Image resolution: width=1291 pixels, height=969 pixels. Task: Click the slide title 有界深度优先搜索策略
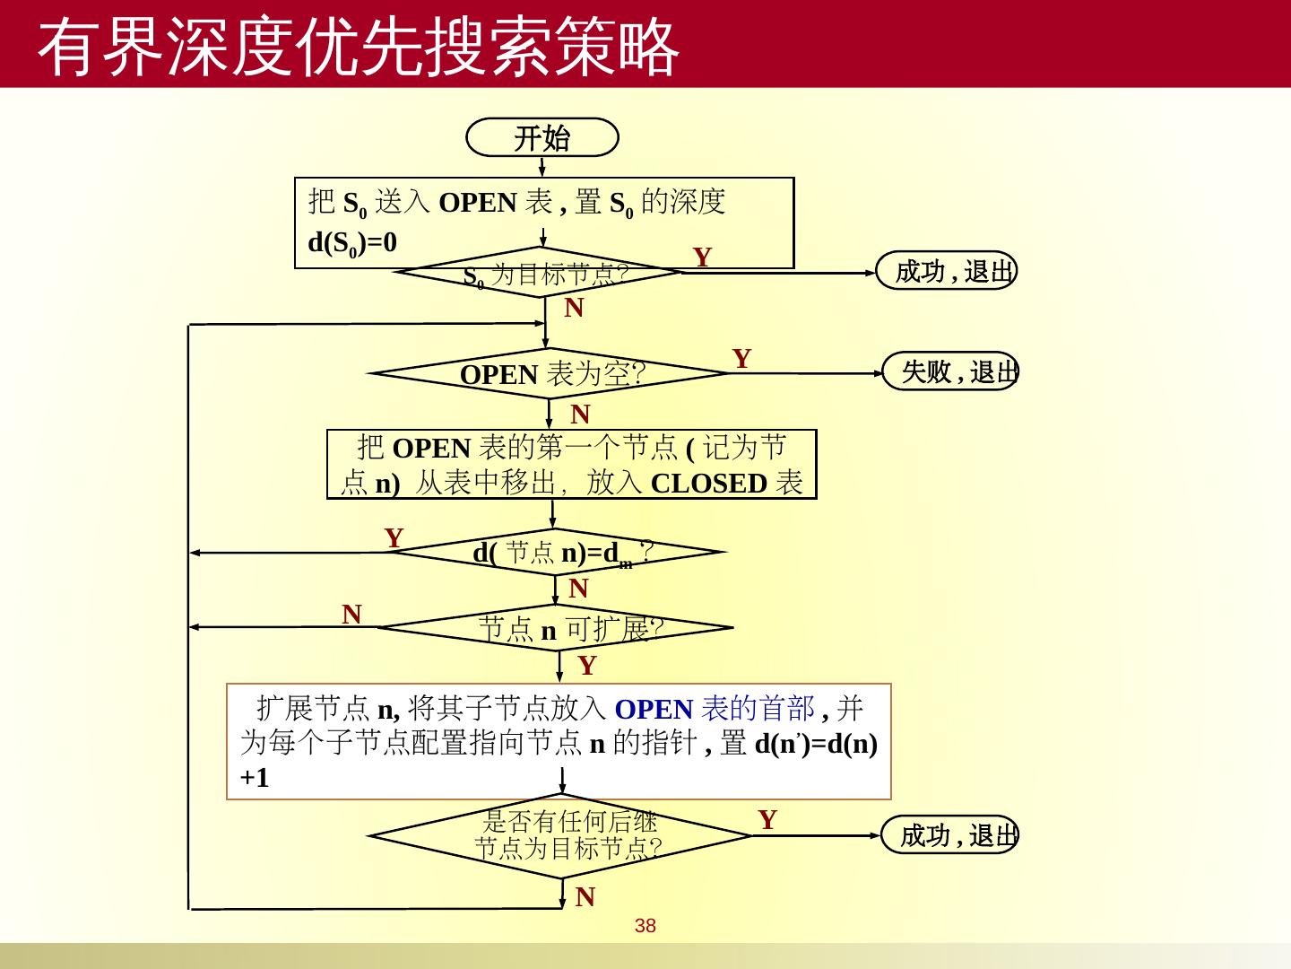click(359, 47)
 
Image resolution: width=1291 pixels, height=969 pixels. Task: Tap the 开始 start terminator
click(542, 138)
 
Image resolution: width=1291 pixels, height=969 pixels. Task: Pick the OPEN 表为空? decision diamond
click(550, 373)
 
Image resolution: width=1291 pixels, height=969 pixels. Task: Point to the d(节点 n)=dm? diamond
click(558, 553)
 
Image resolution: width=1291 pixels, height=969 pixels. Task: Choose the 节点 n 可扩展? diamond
click(558, 628)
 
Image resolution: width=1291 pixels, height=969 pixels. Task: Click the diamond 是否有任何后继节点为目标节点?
click(561, 835)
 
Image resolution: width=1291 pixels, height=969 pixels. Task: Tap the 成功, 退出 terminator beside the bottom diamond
click(950, 835)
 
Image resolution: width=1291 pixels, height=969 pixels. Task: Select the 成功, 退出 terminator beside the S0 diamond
click(947, 271)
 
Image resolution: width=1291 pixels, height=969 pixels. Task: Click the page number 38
click(645, 926)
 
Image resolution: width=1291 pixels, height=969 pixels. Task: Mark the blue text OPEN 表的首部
click(715, 709)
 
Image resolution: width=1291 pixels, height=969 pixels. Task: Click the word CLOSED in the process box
click(708, 484)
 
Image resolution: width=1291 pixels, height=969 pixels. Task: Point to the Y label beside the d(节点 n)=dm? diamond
click(394, 538)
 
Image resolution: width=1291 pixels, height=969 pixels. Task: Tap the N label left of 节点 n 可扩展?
click(351, 615)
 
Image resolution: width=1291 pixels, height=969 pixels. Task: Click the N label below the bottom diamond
click(585, 897)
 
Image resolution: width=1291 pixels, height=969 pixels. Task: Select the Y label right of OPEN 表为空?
click(741, 359)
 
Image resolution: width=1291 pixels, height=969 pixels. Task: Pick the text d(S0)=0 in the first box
click(352, 243)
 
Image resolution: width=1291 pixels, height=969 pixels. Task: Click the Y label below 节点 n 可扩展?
click(586, 666)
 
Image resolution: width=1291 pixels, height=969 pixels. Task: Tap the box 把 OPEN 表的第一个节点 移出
click(572, 465)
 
